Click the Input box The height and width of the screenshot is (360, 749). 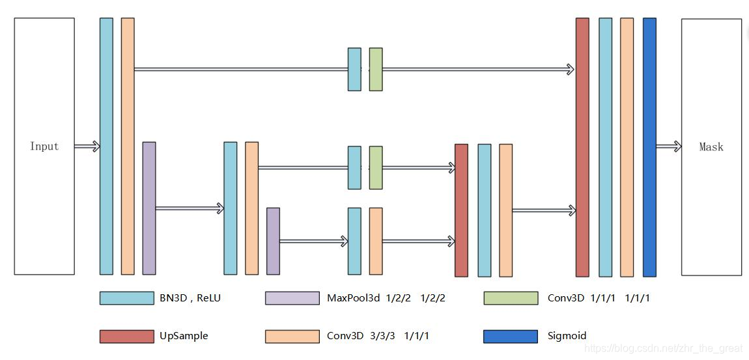[44, 146]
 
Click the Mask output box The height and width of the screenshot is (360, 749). [711, 146]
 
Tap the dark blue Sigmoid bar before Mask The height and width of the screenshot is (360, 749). [649, 147]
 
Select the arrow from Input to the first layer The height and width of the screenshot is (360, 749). [87, 146]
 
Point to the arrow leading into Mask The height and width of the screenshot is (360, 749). [669, 146]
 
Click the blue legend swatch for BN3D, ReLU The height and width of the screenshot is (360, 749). [126, 298]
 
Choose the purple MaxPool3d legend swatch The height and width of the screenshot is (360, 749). [292, 298]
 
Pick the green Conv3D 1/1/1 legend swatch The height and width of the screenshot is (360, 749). [511, 298]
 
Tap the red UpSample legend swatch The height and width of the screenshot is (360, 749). [126, 336]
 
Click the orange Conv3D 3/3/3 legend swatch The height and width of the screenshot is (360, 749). [292, 336]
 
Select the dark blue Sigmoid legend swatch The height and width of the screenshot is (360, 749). [511, 336]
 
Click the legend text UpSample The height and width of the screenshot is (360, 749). [184, 336]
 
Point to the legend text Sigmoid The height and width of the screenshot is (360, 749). [567, 336]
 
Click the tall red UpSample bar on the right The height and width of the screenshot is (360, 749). [582, 147]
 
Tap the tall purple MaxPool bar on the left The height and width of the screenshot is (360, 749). [149, 208]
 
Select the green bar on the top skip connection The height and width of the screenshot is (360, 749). [376, 69]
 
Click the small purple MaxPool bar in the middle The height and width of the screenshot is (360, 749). [273, 241]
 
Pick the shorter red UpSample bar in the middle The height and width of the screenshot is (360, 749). [461, 210]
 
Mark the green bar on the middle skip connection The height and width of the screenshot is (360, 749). [376, 167]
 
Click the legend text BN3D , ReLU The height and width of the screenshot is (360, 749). [190, 298]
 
